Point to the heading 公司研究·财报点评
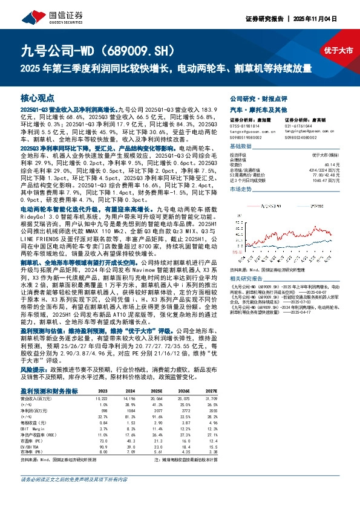point(256,97)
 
